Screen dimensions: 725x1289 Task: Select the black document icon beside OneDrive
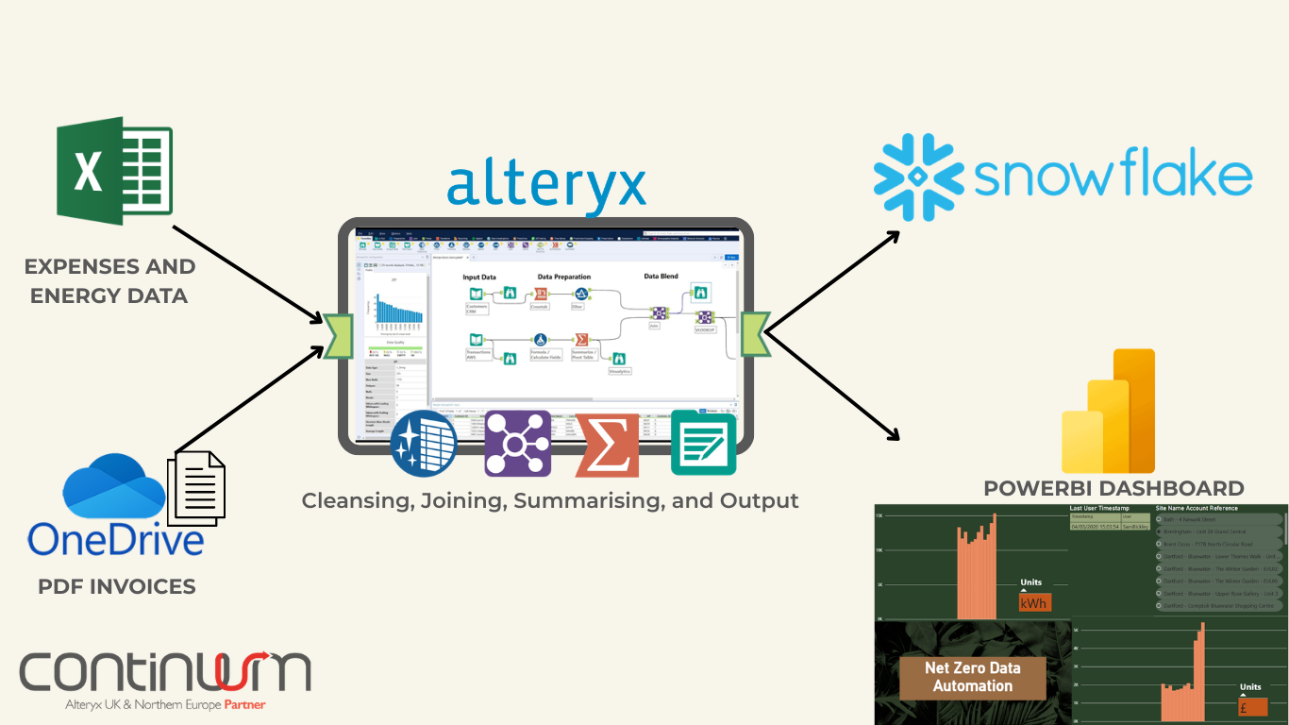pos(196,488)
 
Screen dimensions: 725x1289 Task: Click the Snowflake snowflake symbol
pos(917,177)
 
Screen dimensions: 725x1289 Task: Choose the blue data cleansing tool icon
pos(424,444)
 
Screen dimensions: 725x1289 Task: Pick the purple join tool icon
pos(517,444)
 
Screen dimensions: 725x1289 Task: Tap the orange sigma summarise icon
pos(607,444)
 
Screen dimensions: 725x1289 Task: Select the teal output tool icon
pos(703,444)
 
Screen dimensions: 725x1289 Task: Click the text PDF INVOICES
pos(117,586)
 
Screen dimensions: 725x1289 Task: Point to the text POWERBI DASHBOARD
pos(1113,488)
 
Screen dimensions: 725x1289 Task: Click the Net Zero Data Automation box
pos(972,677)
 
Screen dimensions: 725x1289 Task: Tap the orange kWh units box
pos(1034,602)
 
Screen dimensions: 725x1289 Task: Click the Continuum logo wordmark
pos(165,671)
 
